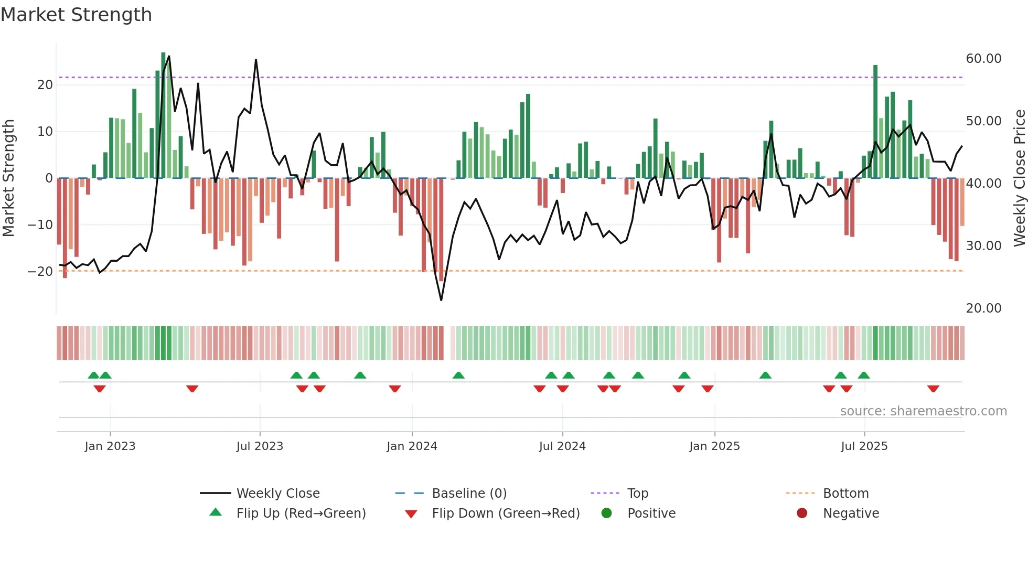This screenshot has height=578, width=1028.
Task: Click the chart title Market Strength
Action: (77, 15)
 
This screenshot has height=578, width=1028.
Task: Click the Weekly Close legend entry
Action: (277, 493)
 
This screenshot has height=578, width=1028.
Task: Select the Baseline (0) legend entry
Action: (469, 493)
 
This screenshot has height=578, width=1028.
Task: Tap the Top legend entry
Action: (637, 493)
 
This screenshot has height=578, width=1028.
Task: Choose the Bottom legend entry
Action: (845, 493)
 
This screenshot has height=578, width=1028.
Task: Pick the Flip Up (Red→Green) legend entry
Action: (301, 513)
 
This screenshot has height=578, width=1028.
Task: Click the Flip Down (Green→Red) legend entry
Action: (505, 513)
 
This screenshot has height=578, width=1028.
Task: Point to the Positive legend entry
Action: (651, 513)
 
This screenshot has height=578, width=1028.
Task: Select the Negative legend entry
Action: (850, 513)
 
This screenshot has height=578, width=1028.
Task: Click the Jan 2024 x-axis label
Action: (412, 446)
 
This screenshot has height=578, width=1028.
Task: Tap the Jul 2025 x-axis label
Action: (864, 446)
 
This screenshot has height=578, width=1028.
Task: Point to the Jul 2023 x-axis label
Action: (260, 446)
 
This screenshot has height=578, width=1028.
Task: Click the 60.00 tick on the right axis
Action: (983, 58)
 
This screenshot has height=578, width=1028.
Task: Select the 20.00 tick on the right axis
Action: (983, 308)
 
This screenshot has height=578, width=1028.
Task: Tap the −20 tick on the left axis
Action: (40, 271)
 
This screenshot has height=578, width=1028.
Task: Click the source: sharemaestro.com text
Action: (923, 411)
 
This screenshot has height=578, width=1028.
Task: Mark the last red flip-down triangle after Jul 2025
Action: (933, 389)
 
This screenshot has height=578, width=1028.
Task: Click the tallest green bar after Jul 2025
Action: (875, 121)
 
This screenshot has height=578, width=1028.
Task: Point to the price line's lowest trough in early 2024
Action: (441, 300)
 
